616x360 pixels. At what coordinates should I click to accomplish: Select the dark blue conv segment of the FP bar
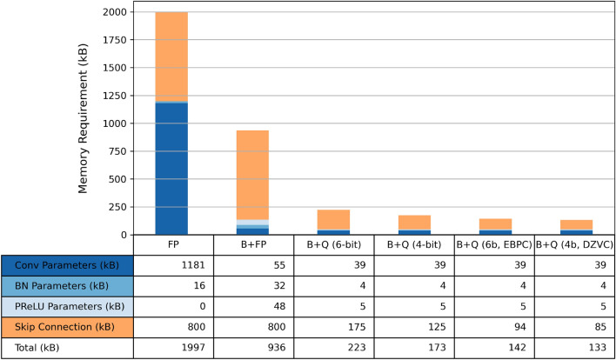point(171,169)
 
